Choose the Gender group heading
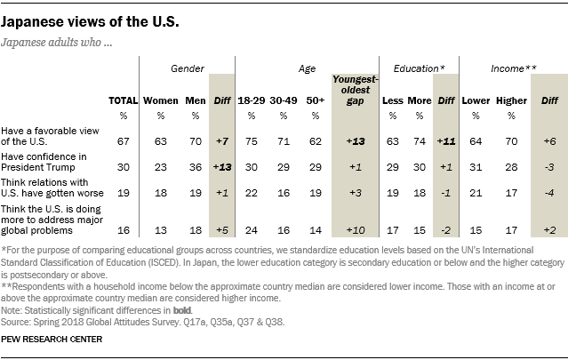click(188, 68)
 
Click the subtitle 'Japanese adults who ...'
click(56, 42)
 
